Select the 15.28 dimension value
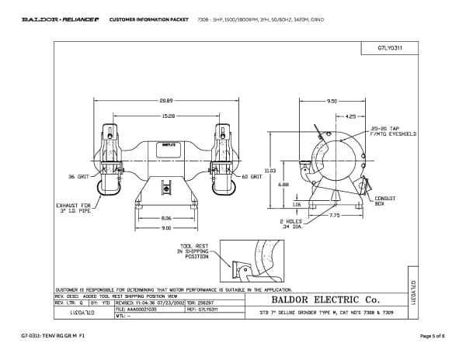tap(166, 116)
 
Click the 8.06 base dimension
tap(165, 220)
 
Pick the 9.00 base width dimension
tap(165, 228)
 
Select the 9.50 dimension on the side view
tap(332, 101)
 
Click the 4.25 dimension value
tap(350, 116)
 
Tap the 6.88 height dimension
tap(285, 185)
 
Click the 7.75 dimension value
tap(333, 215)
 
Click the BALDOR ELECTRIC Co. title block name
tap(324, 299)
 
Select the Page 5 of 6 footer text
tap(430, 335)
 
